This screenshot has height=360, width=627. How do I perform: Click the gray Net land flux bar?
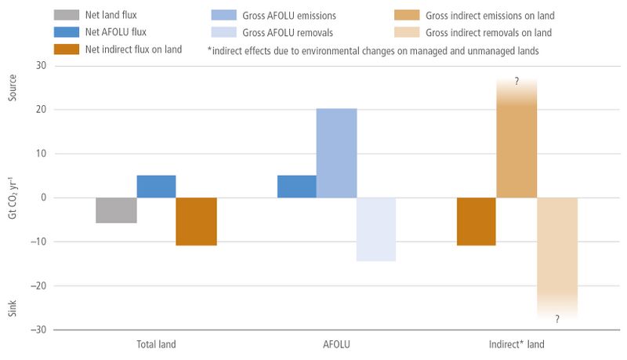pos(116,210)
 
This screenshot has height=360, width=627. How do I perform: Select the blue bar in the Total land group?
pos(156,187)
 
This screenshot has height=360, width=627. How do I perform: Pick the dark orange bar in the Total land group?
pos(197,222)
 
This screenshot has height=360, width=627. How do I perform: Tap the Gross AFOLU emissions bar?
pos(337,153)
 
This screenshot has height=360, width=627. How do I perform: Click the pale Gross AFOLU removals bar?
pos(376,230)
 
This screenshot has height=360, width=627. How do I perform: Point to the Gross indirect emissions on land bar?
pos(516,138)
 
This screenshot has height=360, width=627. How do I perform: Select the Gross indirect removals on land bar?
pos(557,258)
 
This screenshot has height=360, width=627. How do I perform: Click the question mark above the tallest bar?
pos(516,82)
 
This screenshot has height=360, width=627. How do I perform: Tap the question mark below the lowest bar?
pos(557,318)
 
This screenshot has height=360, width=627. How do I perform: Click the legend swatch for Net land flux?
pos(67,15)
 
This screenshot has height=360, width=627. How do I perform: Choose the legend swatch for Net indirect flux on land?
pos(67,49)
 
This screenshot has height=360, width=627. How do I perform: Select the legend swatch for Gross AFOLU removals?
pos(224,32)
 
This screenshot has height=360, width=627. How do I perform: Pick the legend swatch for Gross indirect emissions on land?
pos(407,15)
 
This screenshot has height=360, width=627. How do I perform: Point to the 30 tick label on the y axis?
pos(41,65)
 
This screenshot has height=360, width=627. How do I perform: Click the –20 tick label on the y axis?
pos(38,285)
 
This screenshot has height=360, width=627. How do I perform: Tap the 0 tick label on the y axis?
pos(44,197)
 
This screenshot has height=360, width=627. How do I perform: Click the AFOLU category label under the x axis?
pos(336,344)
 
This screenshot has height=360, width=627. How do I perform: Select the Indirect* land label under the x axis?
pos(516,344)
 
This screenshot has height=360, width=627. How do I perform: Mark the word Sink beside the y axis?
pos(13,308)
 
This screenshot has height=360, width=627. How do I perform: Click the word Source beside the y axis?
pos(13,88)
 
